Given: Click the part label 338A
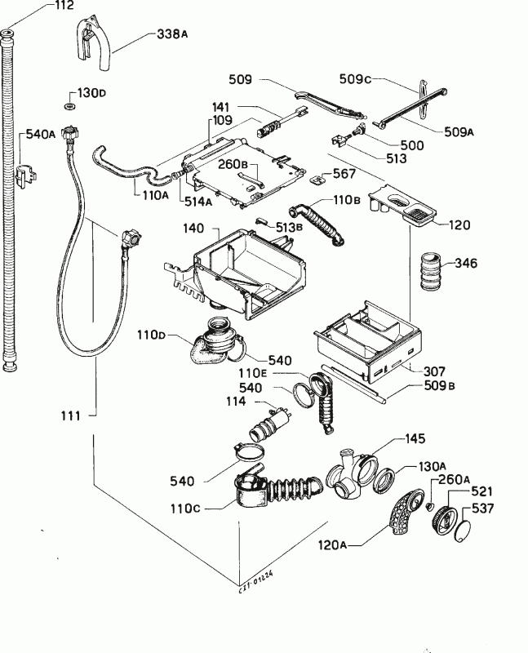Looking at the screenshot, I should pyautogui.click(x=171, y=34).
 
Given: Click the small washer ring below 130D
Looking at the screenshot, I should pyautogui.click(x=69, y=107).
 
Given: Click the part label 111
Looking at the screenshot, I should pyautogui.click(x=71, y=416).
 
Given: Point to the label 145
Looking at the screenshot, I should pyautogui.click(x=415, y=439).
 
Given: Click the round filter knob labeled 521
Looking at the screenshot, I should pyautogui.click(x=443, y=521).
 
